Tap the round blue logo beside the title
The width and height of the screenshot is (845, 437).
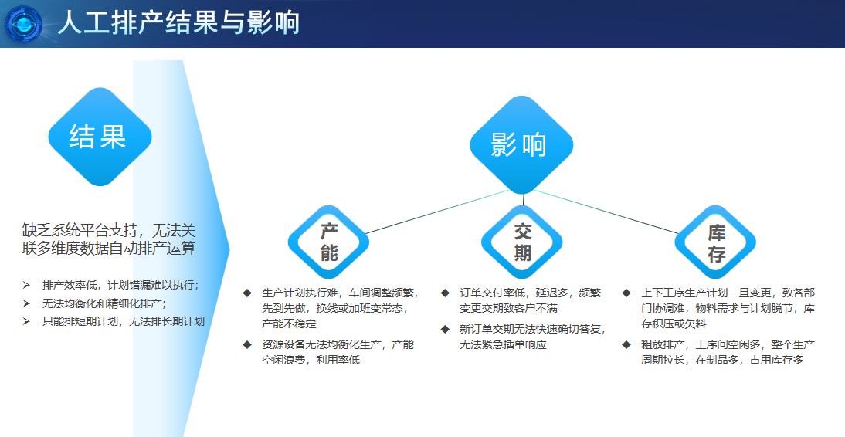click(x=25, y=24)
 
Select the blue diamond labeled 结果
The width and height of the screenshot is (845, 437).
click(x=97, y=137)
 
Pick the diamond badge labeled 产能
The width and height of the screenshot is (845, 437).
click(x=329, y=242)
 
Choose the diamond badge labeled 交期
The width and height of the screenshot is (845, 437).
click(x=522, y=242)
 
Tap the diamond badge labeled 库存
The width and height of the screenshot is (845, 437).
click(x=715, y=242)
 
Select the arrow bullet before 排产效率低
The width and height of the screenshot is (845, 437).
click(x=26, y=285)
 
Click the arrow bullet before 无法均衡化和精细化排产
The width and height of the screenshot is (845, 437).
click(x=26, y=303)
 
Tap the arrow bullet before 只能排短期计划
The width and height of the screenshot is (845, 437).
click(x=26, y=321)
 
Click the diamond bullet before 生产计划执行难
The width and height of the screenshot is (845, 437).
click(x=247, y=293)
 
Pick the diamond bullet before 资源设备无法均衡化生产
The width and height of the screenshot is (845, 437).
click(x=247, y=344)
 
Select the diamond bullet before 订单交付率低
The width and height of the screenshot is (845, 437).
click(x=445, y=293)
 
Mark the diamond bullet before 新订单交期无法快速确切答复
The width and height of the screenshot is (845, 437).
click(x=445, y=329)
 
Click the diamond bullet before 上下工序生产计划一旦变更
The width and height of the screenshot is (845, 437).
click(x=626, y=293)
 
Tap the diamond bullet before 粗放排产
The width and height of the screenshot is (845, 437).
click(x=626, y=344)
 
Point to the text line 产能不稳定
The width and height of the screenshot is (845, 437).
click(x=290, y=324)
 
